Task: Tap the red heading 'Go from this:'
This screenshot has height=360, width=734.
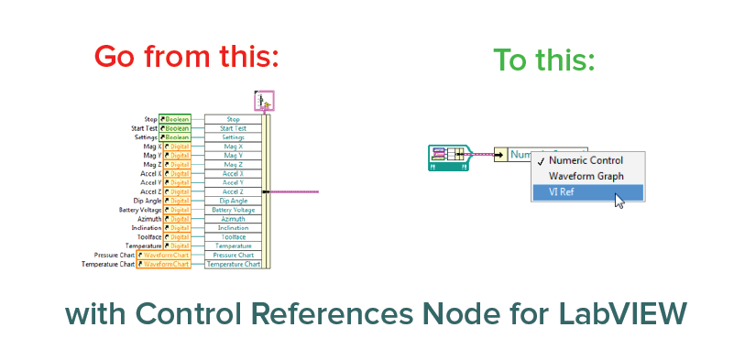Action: (x=186, y=56)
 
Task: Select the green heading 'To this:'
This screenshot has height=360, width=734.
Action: (x=544, y=60)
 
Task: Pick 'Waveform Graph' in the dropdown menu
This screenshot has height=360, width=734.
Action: (x=586, y=176)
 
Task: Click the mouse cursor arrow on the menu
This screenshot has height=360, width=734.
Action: (x=619, y=201)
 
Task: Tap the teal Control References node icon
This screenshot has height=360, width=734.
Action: (x=449, y=158)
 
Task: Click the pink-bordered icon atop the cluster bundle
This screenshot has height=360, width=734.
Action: (x=265, y=100)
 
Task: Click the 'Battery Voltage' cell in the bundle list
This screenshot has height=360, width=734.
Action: (x=233, y=210)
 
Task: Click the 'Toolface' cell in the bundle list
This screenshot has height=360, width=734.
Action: (x=233, y=236)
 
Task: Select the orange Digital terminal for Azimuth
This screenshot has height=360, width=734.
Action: (x=176, y=219)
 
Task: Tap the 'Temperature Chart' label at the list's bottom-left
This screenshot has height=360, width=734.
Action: (x=108, y=264)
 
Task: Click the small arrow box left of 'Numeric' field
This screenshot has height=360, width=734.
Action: (x=499, y=155)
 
